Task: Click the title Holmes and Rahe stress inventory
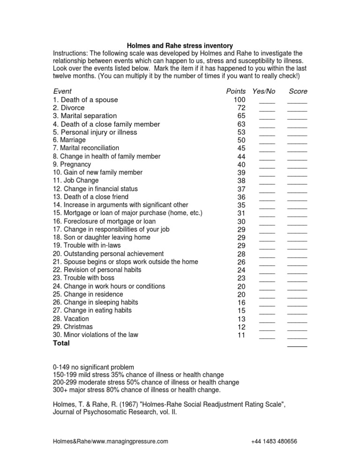pos(180,45)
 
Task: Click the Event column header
pos(62,91)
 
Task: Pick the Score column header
pos(298,91)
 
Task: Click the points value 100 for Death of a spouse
pos(240,99)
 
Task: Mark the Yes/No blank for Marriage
pos(267,141)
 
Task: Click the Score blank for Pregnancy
pos(297,165)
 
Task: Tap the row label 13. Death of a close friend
pos(90,197)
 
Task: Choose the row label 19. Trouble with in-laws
pos(84,246)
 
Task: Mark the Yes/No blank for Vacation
pos(267,320)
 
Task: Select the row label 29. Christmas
pos(73,327)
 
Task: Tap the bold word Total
pos(61,343)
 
